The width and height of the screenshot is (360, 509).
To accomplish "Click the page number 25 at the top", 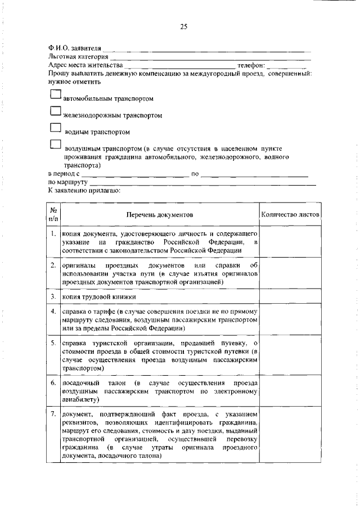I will coord(183,26).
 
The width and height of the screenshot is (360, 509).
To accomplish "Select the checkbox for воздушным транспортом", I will coord(55,145).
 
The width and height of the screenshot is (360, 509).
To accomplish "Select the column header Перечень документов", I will coord(159,215).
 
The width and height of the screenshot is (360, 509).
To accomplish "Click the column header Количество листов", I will coord(290,215).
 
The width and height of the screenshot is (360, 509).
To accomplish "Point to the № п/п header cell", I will coord(53,215).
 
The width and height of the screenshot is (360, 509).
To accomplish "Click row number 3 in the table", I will coord(52,296).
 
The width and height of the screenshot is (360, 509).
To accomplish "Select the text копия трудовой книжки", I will coord(99,296).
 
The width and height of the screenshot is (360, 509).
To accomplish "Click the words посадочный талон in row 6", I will coord(90,383).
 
